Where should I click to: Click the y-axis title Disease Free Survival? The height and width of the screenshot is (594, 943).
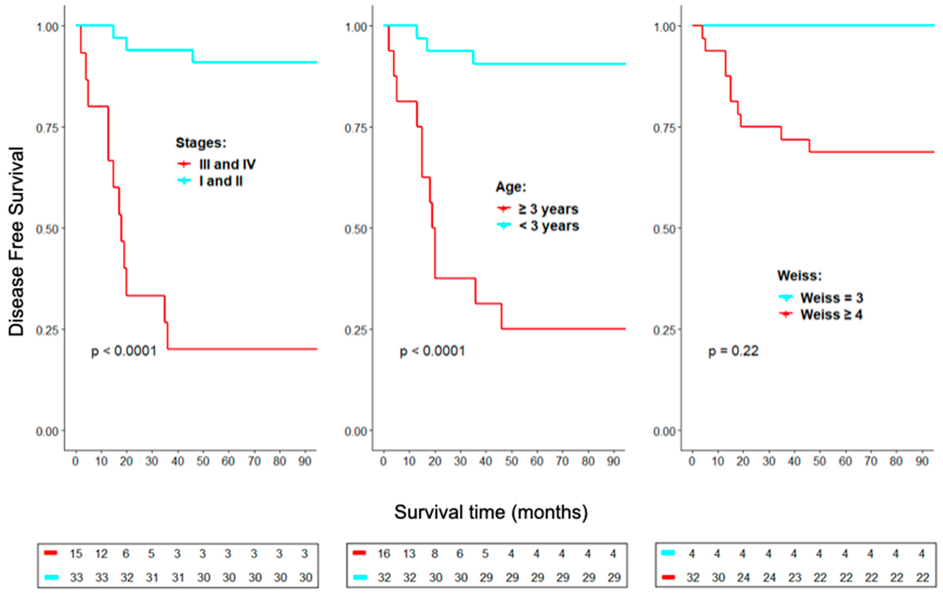point(16,241)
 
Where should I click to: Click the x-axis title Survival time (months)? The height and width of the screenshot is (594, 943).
point(491,512)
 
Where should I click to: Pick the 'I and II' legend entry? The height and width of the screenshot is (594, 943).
point(221,181)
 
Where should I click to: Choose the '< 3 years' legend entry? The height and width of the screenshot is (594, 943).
point(549,226)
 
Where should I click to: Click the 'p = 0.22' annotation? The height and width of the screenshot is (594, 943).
point(733,351)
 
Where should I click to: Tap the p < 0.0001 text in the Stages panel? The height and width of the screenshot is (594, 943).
point(124,351)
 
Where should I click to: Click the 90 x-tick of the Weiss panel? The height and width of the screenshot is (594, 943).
point(922,461)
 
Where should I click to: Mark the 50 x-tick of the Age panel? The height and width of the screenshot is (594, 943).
point(511,461)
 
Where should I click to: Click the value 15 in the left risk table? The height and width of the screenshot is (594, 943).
point(76,554)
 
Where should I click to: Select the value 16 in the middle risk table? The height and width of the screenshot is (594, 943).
point(384,554)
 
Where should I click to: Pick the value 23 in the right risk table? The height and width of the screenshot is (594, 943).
point(794,578)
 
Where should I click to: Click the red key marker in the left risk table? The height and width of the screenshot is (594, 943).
point(51,553)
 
